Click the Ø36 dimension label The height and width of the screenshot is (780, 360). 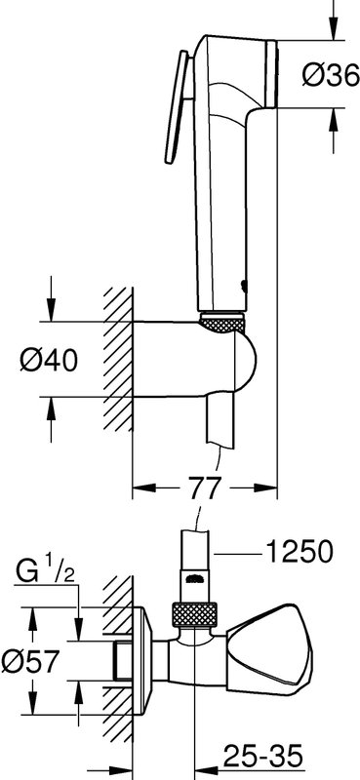[331, 75]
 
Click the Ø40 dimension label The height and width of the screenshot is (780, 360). [49, 359]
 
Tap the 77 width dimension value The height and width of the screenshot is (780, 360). [205, 488]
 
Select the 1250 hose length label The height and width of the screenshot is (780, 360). [299, 552]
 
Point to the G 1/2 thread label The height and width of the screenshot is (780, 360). [45, 571]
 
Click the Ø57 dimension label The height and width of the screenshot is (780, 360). [30, 661]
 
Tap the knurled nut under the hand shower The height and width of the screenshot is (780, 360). [222, 323]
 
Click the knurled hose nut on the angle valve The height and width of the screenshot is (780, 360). [194, 615]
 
